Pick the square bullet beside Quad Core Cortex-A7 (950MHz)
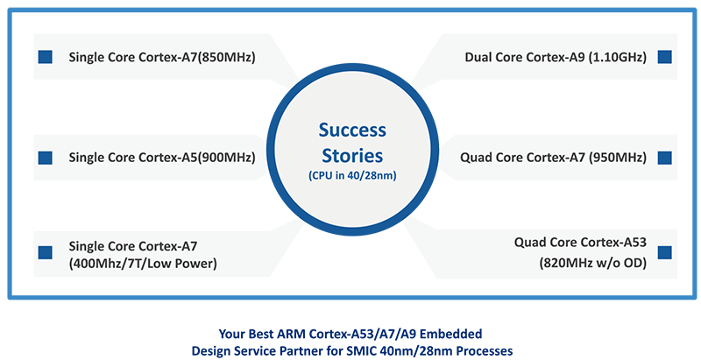click(x=664, y=159)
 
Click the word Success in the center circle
click(x=351, y=131)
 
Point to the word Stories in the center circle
click(x=351, y=157)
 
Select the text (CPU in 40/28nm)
click(x=351, y=177)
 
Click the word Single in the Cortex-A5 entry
click(x=88, y=159)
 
